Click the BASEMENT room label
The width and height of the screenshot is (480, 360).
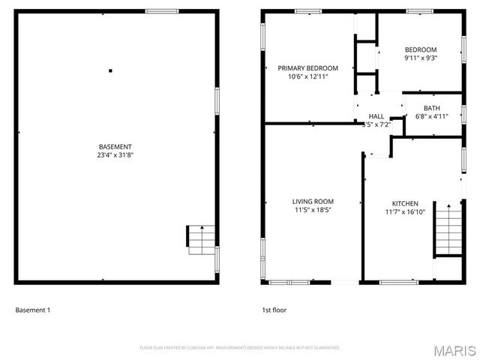pyautogui.click(x=115, y=146)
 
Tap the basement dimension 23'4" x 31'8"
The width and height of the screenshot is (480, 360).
pyautogui.click(x=115, y=155)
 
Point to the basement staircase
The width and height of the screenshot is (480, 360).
pyautogui.click(x=200, y=239)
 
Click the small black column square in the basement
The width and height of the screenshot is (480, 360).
pyautogui.click(x=110, y=70)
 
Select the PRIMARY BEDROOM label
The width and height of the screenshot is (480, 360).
pyautogui.click(x=307, y=68)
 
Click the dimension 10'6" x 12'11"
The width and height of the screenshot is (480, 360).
pyautogui.click(x=307, y=77)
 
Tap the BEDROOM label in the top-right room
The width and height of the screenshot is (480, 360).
pyautogui.click(x=421, y=49)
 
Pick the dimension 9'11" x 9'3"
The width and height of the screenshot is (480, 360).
pyautogui.click(x=421, y=58)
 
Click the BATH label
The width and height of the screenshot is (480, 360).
pyautogui.click(x=431, y=108)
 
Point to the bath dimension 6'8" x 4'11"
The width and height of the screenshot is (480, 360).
pyautogui.click(x=431, y=117)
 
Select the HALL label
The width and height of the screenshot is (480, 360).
pyautogui.click(x=376, y=116)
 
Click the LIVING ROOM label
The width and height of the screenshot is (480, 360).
pyautogui.click(x=313, y=201)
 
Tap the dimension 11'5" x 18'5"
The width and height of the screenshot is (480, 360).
pyautogui.click(x=313, y=211)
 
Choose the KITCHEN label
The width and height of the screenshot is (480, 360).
pyautogui.click(x=405, y=203)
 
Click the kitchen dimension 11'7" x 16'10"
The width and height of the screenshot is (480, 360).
pyautogui.click(x=405, y=212)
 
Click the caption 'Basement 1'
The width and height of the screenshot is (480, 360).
pyautogui.click(x=32, y=310)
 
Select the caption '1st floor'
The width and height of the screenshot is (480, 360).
pyautogui.click(x=274, y=310)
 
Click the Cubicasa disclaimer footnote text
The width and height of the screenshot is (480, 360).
pyautogui.click(x=240, y=348)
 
